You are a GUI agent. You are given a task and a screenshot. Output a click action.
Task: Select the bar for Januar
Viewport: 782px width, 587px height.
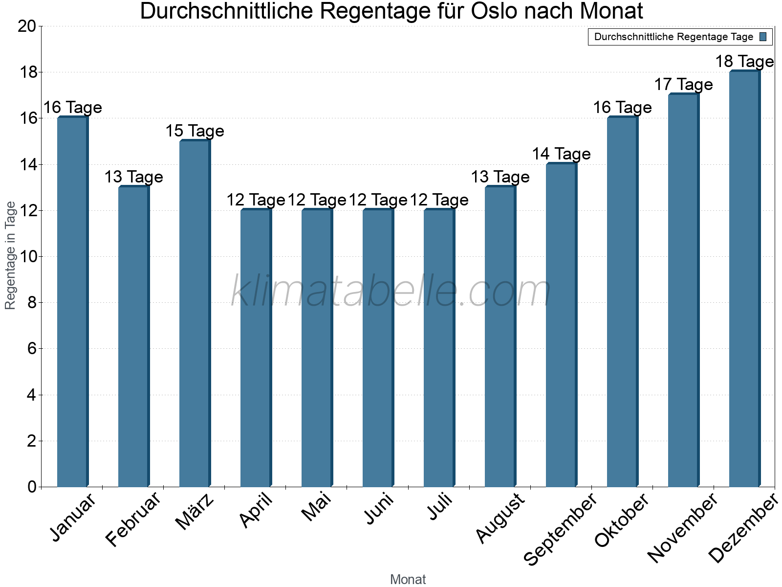click(72, 302)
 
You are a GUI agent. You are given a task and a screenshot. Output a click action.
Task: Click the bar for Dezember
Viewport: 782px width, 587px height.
click(744, 279)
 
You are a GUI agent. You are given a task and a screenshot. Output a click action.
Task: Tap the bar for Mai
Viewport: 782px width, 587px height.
click(317, 348)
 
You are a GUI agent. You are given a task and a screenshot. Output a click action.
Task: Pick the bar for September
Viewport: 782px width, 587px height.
click(561, 325)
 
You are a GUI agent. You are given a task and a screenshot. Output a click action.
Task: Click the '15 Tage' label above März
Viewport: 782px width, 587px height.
click(195, 131)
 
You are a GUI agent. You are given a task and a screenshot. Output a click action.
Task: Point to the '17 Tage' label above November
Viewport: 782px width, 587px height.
click(683, 85)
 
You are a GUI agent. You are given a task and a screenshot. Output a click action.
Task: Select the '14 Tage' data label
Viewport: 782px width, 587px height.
click(561, 154)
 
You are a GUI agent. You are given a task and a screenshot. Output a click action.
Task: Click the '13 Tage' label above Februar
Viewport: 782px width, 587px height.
click(133, 177)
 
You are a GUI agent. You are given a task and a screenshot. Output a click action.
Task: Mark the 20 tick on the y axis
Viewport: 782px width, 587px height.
click(27, 26)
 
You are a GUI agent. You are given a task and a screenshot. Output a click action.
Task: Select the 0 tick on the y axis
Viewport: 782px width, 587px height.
click(32, 487)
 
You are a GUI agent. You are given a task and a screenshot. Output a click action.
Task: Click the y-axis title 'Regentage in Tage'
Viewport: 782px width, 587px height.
click(10, 255)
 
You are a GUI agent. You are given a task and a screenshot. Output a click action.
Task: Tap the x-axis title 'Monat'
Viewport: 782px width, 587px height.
click(408, 580)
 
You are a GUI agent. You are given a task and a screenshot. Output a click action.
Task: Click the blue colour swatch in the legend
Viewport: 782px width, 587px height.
click(763, 37)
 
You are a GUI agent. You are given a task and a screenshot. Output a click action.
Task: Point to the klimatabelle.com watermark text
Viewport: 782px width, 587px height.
click(391, 292)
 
